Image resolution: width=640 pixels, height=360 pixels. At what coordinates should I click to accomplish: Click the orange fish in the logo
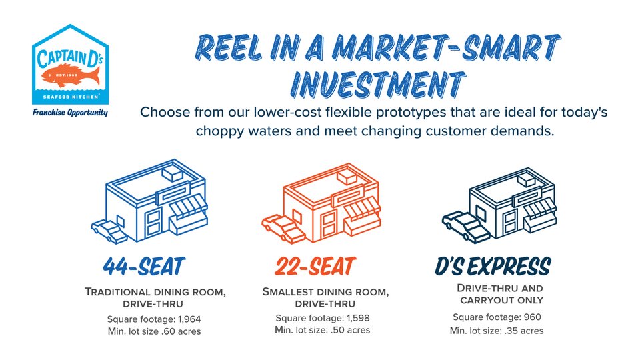[71, 76]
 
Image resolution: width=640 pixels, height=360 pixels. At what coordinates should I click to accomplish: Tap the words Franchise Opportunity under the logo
[70, 113]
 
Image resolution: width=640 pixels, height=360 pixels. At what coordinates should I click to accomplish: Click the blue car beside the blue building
[109, 231]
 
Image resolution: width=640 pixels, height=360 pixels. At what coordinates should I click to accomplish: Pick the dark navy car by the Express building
[466, 227]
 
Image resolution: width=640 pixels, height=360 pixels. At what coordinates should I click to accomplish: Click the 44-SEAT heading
[144, 267]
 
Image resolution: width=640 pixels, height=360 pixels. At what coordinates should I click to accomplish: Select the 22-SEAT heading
[315, 266]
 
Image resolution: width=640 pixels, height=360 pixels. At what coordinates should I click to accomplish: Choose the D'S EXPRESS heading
[493, 266]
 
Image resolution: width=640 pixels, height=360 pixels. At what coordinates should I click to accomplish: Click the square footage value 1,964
[189, 319]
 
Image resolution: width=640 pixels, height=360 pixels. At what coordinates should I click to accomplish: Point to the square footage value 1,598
[358, 318]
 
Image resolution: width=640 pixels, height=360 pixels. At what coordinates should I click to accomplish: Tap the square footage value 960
[533, 317]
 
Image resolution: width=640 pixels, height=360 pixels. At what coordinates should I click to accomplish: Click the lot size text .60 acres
[181, 331]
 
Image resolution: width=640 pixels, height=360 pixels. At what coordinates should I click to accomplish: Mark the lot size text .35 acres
[524, 331]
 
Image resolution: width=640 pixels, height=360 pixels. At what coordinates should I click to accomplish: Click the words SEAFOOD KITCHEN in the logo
[71, 97]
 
